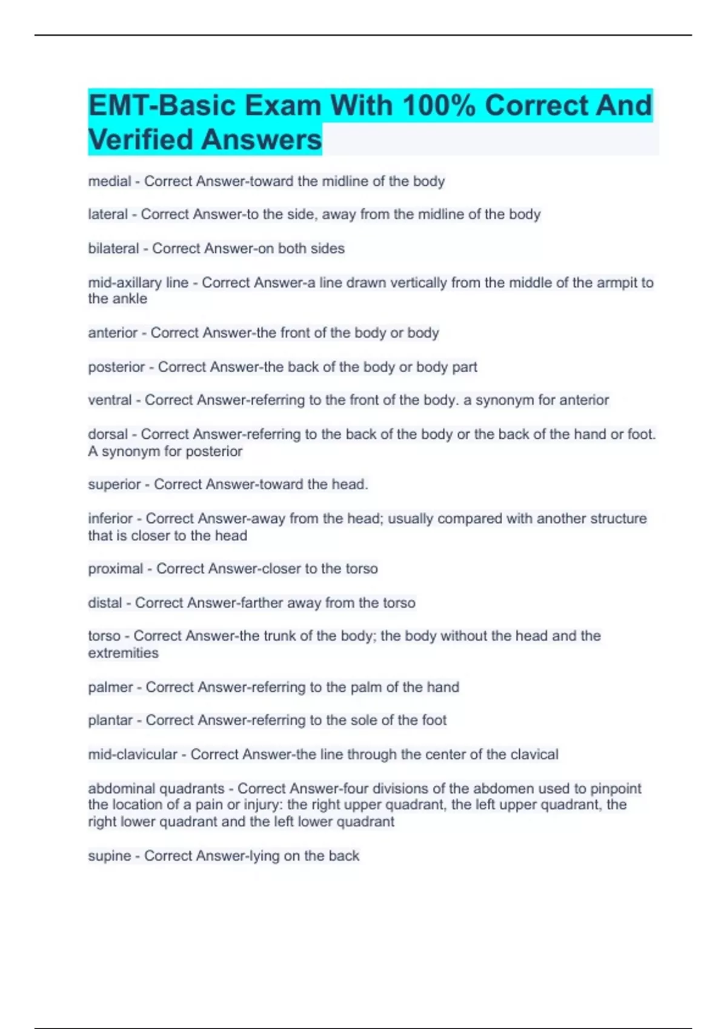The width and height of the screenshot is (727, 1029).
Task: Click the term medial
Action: (110, 181)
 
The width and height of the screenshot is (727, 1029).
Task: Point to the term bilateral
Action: (113, 248)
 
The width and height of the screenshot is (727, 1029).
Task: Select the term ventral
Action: (110, 400)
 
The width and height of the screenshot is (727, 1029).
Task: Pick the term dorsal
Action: (108, 434)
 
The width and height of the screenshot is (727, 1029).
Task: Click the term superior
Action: (115, 484)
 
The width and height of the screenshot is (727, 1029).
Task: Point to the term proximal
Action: (115, 569)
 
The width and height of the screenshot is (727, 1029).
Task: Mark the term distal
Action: (105, 603)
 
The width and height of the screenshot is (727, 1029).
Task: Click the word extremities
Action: (123, 653)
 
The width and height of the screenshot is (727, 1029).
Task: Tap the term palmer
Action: (110, 687)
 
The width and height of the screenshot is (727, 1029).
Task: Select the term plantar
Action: (110, 720)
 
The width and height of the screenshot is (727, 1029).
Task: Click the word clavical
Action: (534, 754)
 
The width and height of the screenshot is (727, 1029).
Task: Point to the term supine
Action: (110, 856)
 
